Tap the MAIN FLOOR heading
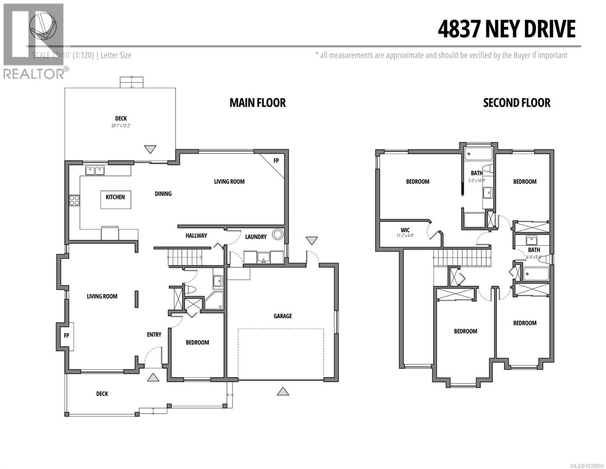tap(257, 103)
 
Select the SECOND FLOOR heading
tap(516, 103)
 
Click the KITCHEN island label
tap(115, 197)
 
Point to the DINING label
tap(163, 193)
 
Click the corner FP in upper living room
tap(276, 160)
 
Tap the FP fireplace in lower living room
tap(66, 336)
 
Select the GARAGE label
tap(282, 316)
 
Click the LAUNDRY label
tap(256, 236)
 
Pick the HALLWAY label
tap(196, 235)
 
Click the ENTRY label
tap(154, 335)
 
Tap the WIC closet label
tap(405, 230)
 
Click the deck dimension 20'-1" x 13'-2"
tap(121, 126)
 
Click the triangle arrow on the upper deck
tap(150, 149)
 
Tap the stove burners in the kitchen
tap(74, 200)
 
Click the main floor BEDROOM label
tap(197, 342)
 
